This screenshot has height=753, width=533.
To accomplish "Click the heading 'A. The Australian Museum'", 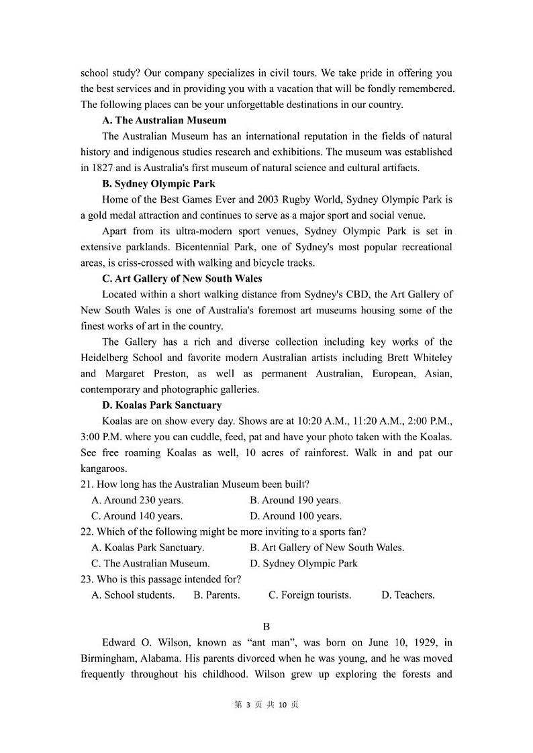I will click(x=164, y=120).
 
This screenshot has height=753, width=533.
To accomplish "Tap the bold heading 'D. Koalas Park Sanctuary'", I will click(x=161, y=405).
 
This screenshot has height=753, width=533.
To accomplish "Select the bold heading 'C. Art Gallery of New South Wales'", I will click(x=182, y=278).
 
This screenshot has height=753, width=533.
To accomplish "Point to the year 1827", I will click(x=103, y=168).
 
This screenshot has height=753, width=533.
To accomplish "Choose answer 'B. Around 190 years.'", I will click(x=295, y=500).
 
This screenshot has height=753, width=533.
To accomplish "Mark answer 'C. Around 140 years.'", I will click(x=137, y=516).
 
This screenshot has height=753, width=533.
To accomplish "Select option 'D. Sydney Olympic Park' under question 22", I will click(x=303, y=563).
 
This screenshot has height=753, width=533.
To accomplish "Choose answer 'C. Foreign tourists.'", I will click(x=309, y=595).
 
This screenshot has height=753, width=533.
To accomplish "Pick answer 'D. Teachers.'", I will click(x=407, y=595).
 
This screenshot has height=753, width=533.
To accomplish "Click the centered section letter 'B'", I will click(x=266, y=626).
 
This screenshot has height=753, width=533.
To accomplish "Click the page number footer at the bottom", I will click(x=266, y=704).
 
